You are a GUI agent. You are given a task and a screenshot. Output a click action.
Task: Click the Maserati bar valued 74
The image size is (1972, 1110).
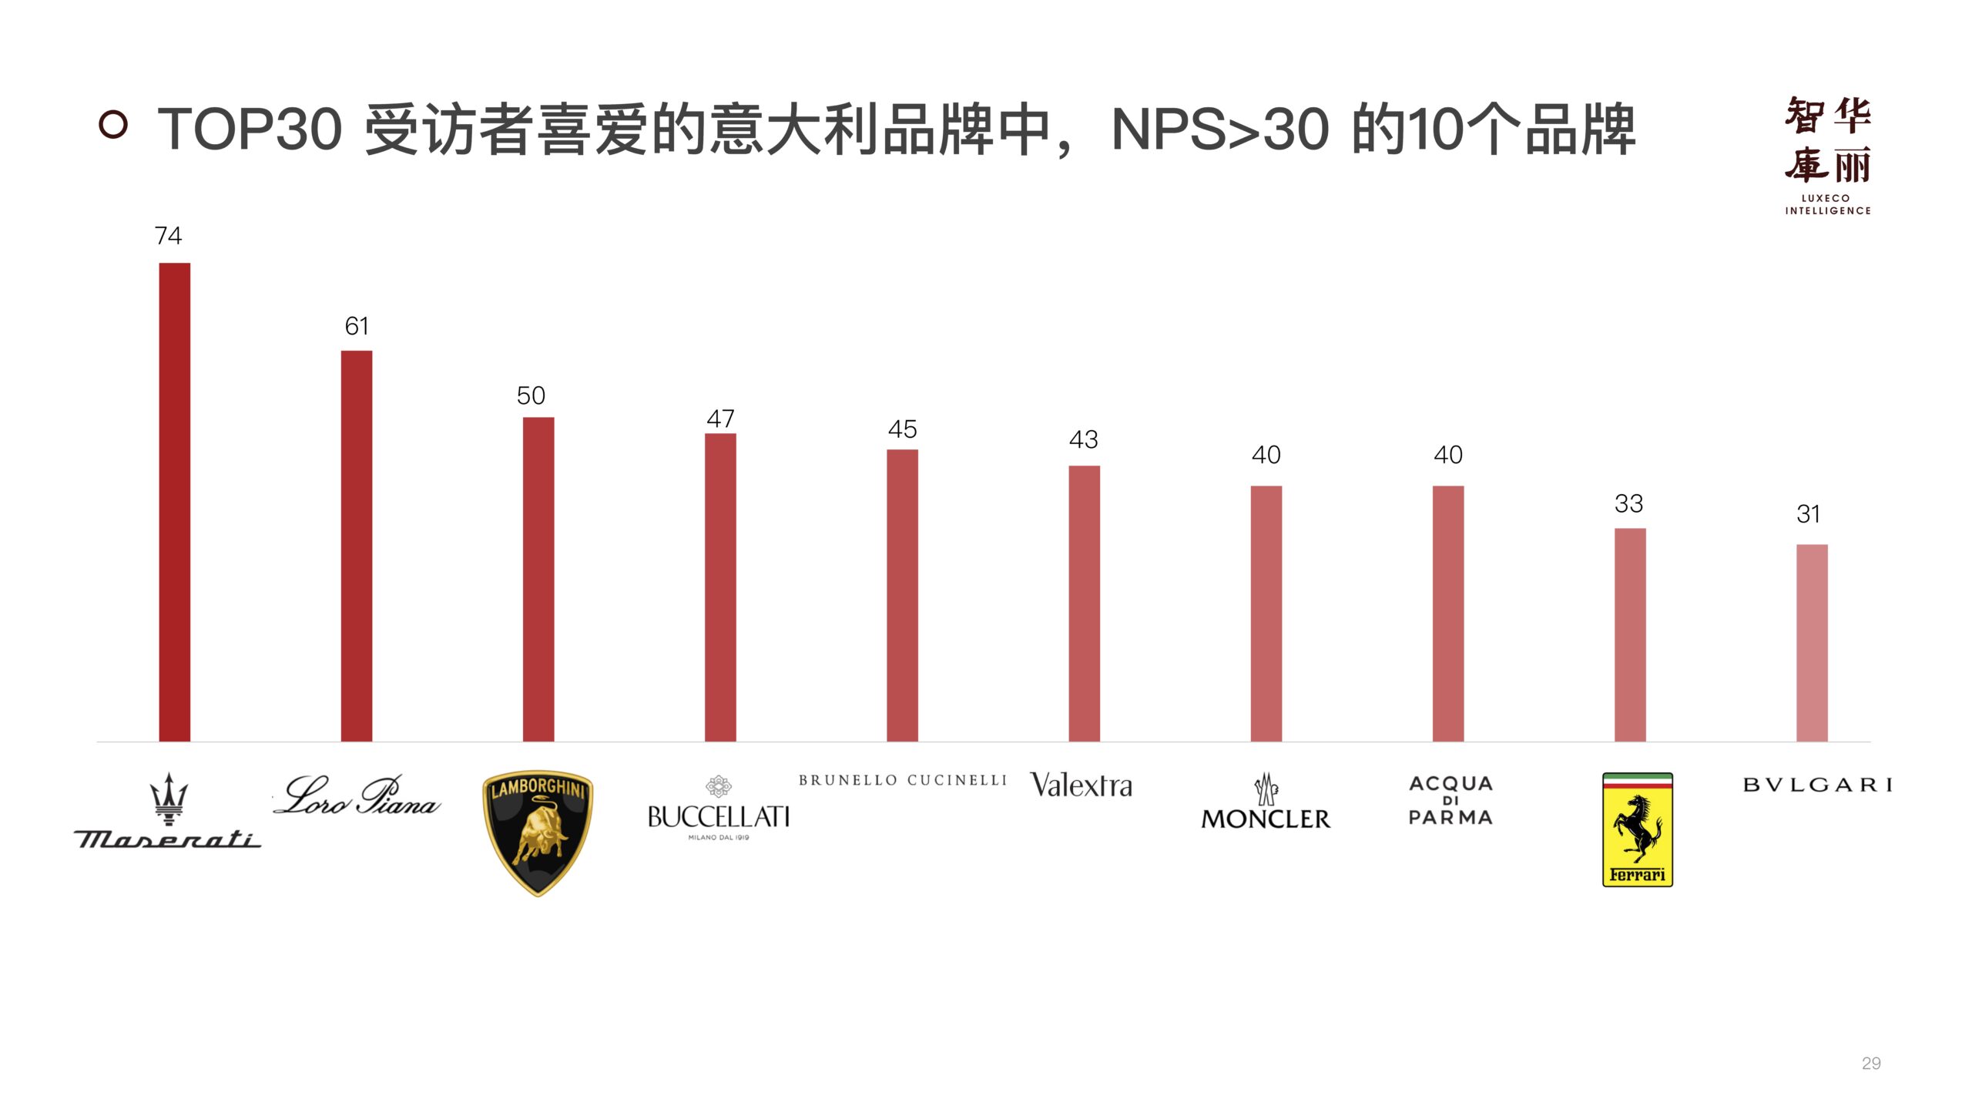174,502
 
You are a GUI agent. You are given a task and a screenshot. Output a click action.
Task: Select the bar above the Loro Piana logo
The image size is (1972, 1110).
356,546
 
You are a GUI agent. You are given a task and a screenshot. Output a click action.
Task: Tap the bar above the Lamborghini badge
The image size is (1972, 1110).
538,579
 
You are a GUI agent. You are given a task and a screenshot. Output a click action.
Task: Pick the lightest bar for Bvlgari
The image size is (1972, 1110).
1811,643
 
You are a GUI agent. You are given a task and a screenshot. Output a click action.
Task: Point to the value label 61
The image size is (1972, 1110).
356,326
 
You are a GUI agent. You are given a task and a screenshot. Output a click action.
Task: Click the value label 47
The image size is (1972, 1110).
720,419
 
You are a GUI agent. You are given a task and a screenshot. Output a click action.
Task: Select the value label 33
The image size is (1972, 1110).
1628,503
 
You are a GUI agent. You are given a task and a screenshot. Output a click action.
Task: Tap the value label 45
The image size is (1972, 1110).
902,429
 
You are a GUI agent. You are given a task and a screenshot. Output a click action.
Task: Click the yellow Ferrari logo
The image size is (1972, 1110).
1637,829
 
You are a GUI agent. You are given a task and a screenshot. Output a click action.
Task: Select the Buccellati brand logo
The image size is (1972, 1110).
719,809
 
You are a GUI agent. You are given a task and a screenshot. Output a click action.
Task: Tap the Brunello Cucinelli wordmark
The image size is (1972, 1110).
902,780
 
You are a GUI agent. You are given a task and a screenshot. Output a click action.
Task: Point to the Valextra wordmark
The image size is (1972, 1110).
1082,785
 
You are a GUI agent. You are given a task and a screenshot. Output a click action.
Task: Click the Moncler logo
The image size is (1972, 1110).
1266,803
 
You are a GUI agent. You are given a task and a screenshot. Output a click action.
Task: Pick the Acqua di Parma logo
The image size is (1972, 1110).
1450,800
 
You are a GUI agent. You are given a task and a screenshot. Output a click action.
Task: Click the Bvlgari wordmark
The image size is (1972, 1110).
1817,785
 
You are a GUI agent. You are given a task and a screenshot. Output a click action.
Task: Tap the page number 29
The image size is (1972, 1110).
1870,1063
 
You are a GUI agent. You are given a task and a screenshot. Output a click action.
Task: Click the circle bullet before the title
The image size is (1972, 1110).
113,124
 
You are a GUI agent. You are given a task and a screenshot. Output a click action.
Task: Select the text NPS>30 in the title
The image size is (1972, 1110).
1220,129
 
